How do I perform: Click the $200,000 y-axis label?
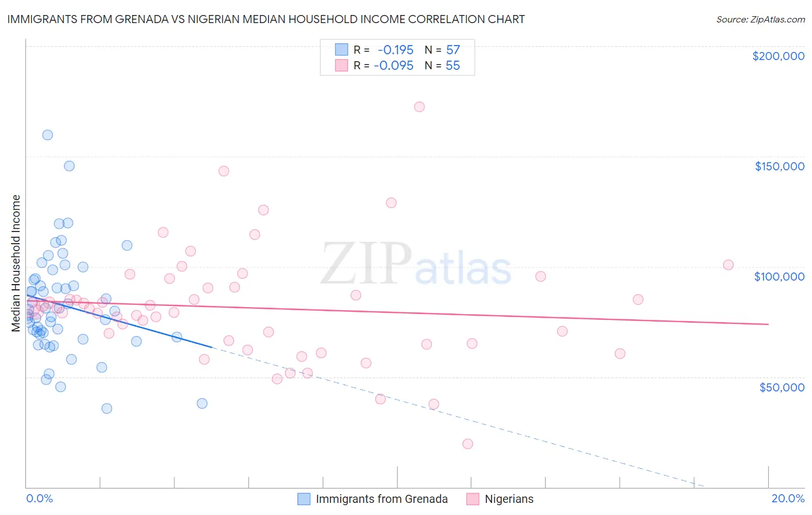[778, 56]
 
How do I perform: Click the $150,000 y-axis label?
[779, 166]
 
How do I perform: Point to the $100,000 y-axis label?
[779, 277]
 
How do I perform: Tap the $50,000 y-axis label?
[781, 387]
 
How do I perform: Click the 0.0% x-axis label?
[39, 498]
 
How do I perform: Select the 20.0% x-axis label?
[788, 498]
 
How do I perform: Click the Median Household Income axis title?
[16, 263]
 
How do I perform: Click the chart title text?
[266, 19]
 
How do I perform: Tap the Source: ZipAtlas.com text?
[760, 20]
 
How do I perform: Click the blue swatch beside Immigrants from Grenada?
[304, 499]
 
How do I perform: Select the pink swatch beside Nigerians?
[472, 499]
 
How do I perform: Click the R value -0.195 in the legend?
[395, 50]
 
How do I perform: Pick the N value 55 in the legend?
[453, 66]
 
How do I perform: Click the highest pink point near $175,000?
[419, 107]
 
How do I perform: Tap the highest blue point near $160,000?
[47, 135]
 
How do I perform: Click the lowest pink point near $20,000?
[468, 444]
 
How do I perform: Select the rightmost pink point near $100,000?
[728, 265]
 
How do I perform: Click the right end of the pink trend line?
[768, 324]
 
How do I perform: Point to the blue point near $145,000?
[69, 166]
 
